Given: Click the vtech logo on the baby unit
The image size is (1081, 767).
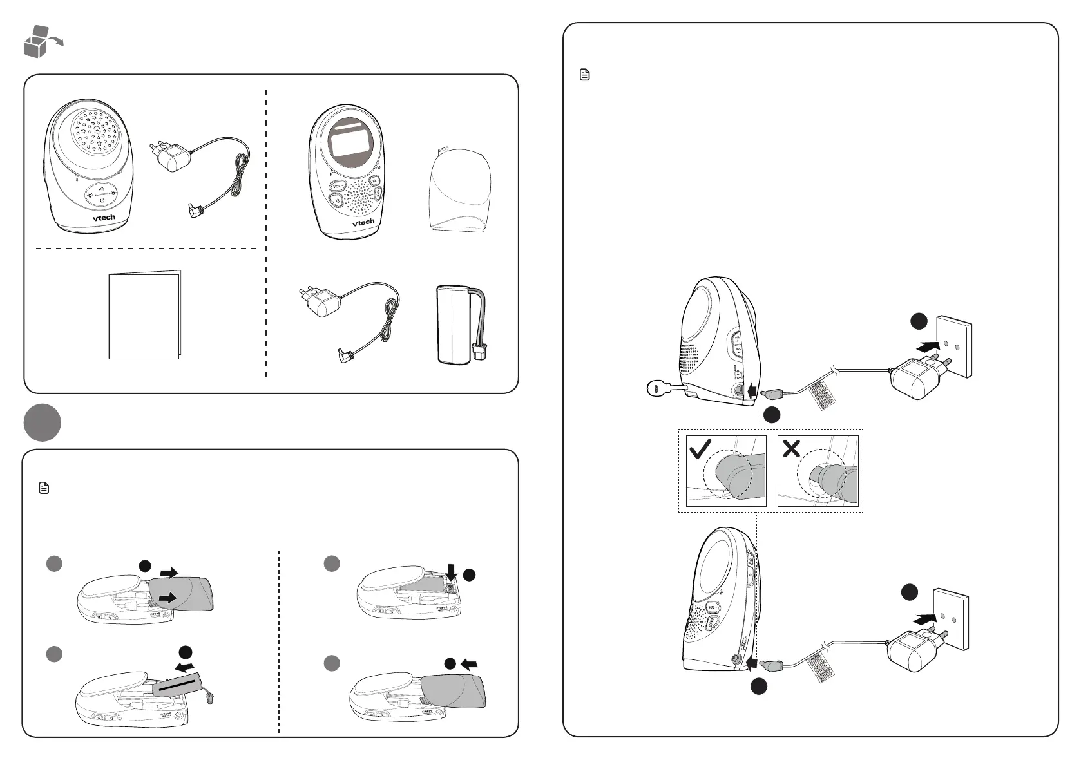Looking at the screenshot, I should (x=103, y=218).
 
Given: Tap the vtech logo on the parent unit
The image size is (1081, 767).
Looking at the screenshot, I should (x=363, y=222).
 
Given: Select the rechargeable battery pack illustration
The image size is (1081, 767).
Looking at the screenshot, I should (x=459, y=323).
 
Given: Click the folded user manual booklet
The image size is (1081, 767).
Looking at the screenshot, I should (x=144, y=315).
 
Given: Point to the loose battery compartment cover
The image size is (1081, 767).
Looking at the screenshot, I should (x=460, y=189).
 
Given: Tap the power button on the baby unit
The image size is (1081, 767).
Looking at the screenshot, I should (x=102, y=200).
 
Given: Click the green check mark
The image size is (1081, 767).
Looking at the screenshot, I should (x=700, y=449).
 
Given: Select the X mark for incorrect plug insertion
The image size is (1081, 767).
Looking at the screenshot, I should (x=791, y=448).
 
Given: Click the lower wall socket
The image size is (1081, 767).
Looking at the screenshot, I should (x=950, y=618).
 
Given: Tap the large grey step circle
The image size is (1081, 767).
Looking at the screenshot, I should (x=42, y=423).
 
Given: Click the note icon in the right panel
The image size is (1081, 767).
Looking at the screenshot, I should (x=585, y=75).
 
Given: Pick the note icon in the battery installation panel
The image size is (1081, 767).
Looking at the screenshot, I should (x=44, y=488).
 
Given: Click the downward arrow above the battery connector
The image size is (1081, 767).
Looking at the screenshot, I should (x=451, y=571).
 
